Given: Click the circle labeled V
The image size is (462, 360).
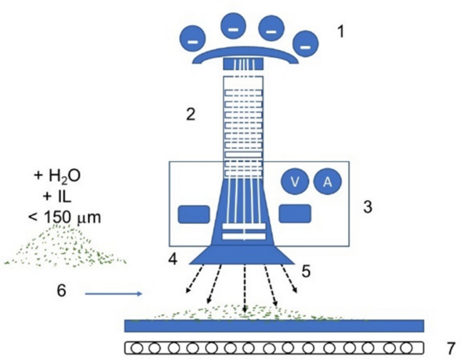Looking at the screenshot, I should [x=295, y=181].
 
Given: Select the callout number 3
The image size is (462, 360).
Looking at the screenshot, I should [x=367, y=206].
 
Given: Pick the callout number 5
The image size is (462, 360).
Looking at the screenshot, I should [x=307, y=271].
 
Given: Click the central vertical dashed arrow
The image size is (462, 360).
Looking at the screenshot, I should [x=244, y=290].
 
